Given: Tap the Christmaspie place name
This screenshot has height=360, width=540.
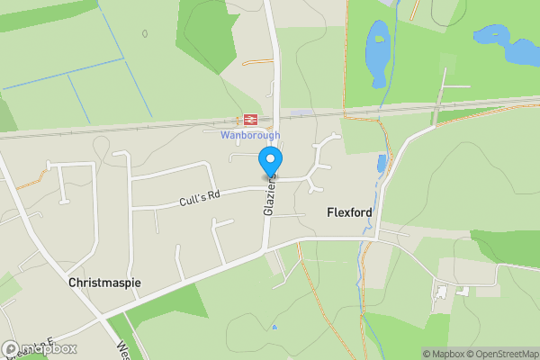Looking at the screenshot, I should point(104,283).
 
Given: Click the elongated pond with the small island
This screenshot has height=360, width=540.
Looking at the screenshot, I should point(377,54).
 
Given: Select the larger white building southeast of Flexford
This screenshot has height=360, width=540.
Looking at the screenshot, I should point(441,292).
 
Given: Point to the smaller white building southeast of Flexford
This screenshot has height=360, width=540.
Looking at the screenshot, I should point(463,291).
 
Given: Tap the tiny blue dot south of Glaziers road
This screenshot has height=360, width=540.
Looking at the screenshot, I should point(274,327).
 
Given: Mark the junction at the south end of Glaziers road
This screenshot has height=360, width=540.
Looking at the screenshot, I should point(265,251).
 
